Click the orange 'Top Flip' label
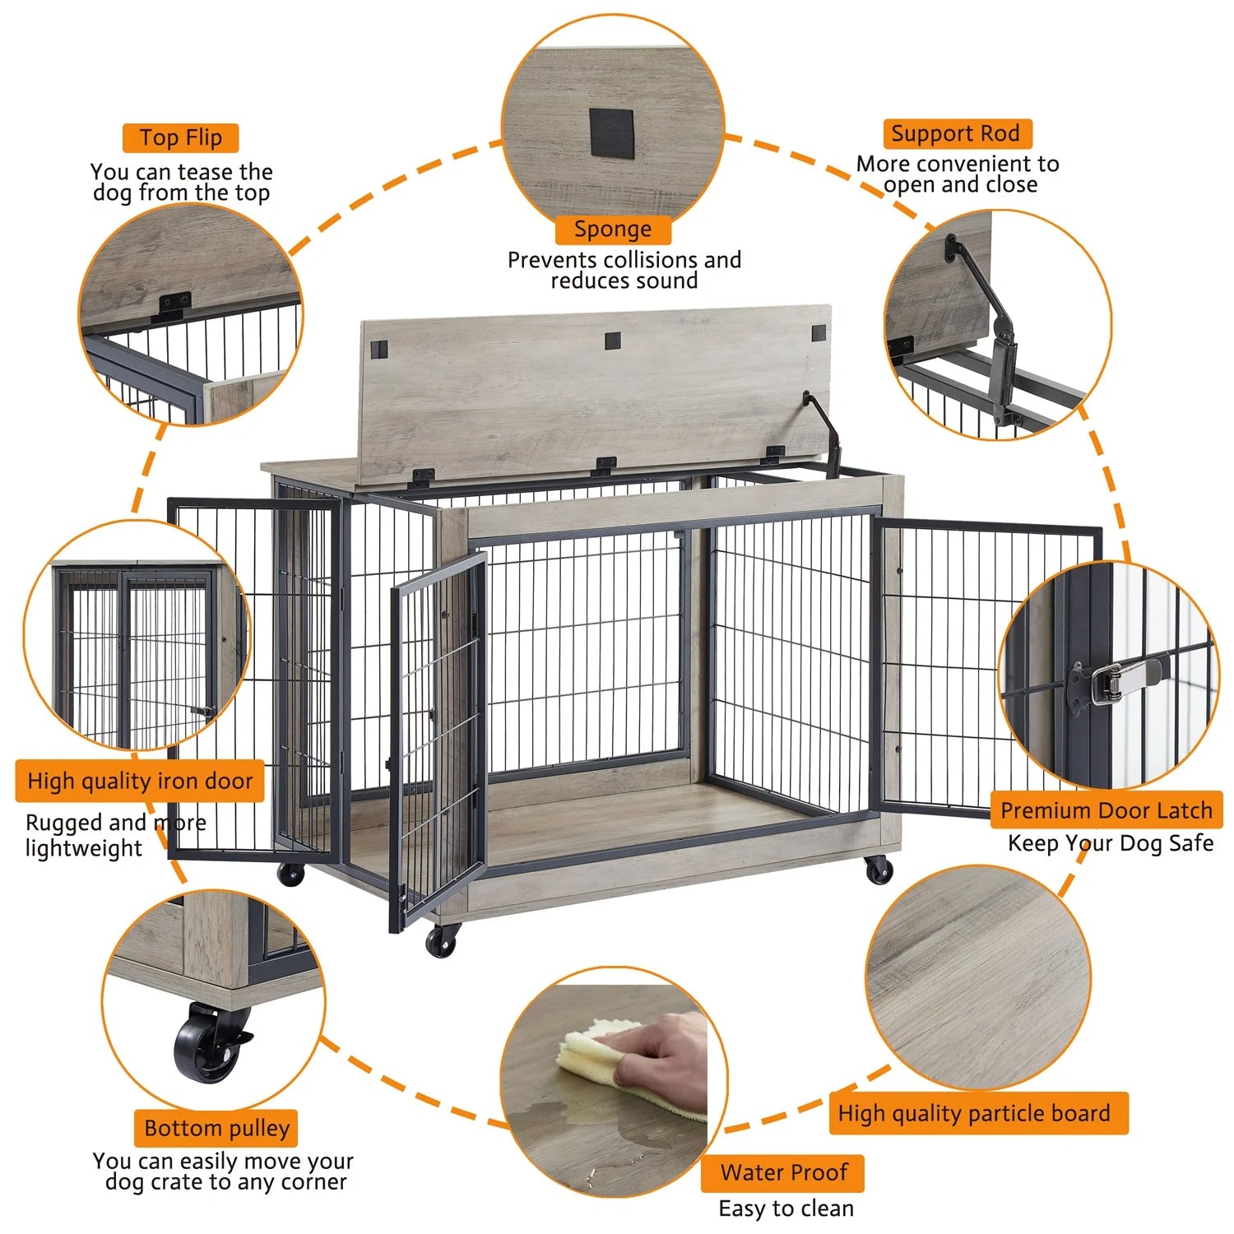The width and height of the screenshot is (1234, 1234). coord(180,138)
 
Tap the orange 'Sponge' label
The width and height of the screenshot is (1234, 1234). coord(613,230)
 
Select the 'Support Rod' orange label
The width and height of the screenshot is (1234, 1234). coord(956,134)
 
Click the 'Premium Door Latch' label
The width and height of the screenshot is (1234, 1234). coord(1106,810)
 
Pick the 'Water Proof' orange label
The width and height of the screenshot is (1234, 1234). coord(782,1172)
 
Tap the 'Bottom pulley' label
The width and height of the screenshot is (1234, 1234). coord(216,1128)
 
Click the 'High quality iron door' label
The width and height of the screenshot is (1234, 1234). coord(140,781)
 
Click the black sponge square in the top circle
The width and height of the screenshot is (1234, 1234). coord(612,133)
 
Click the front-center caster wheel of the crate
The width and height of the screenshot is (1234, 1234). coord(443,942)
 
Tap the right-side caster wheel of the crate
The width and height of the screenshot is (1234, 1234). coord(879,870)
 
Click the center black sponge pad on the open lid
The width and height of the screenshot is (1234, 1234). coord(612,340)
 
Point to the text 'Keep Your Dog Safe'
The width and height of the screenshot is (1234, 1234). coord(1111,843)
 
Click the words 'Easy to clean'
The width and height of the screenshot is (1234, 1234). coord(786,1208)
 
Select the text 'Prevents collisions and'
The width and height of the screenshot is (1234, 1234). coord(624,260)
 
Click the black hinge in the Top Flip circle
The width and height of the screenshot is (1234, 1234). coord(174,305)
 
